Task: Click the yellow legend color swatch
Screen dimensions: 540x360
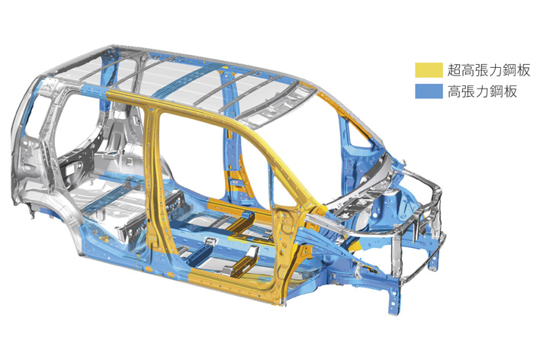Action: [429, 70]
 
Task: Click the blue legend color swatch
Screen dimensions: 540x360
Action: [429, 92]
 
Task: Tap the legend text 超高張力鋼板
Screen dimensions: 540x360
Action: [489, 70]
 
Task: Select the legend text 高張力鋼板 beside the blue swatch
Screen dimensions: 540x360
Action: [482, 92]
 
